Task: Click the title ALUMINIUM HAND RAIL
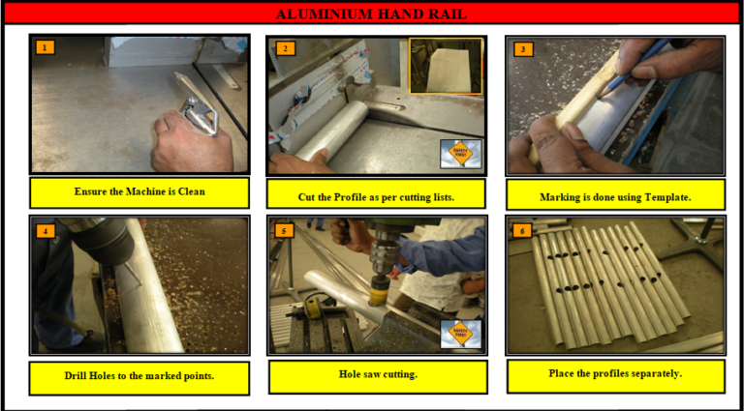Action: tap(371, 14)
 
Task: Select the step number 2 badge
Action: tap(284, 48)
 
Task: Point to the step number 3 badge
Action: tap(523, 48)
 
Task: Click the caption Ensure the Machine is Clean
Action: tap(139, 191)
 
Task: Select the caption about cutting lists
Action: tap(376, 196)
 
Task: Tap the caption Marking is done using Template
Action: tap(615, 196)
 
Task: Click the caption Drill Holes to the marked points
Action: tap(139, 376)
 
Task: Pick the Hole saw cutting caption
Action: tap(376, 374)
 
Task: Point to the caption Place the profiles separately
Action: tap(615, 373)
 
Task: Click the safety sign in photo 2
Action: tap(460, 154)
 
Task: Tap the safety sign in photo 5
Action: tap(460, 334)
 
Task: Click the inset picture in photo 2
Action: tap(445, 66)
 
